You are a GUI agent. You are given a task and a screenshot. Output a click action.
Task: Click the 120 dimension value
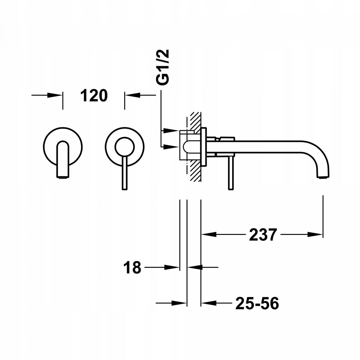[x=94, y=95]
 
